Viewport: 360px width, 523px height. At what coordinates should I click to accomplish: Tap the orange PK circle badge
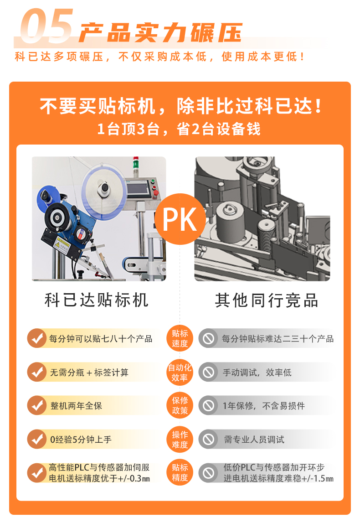(180, 219)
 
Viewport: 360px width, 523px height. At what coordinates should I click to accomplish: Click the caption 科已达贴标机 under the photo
(97, 300)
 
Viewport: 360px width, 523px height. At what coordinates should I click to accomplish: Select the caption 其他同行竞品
(267, 300)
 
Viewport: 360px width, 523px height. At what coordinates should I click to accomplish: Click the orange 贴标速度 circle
(180, 339)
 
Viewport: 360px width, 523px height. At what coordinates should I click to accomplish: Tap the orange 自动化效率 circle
(180, 372)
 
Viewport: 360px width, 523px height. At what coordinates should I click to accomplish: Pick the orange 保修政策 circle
(180, 405)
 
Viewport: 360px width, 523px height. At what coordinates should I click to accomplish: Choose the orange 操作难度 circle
(180, 439)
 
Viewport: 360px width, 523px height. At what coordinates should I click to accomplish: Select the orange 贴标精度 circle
(180, 472)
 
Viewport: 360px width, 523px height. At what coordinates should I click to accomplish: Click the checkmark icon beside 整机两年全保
(36, 405)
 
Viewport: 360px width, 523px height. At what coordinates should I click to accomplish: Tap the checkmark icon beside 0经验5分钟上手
(36, 439)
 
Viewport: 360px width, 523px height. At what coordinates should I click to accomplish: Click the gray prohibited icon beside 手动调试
(209, 372)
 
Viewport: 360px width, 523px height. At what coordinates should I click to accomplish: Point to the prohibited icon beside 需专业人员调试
(209, 439)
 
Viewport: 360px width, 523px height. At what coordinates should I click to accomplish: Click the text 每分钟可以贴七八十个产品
(101, 339)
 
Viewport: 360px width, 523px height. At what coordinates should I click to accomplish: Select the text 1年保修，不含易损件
(263, 405)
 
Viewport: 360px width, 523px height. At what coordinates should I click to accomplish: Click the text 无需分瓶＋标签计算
(89, 373)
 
